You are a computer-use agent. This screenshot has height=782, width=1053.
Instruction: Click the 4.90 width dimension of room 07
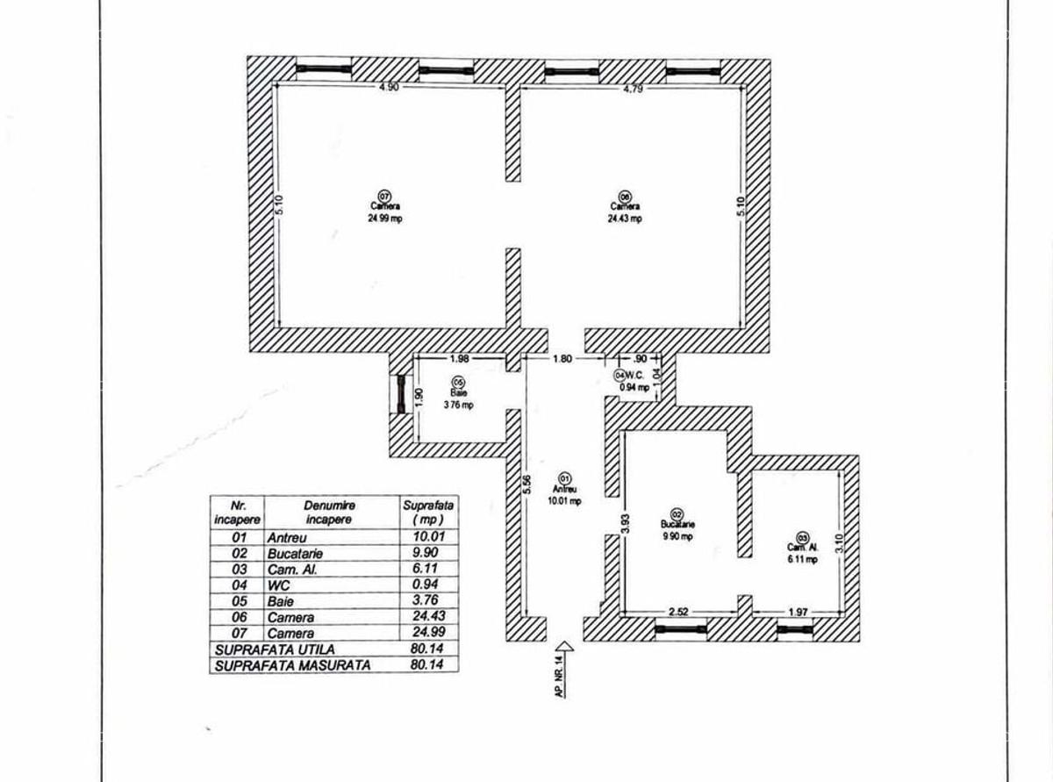click(388, 88)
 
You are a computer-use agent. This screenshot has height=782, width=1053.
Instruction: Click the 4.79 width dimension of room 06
click(634, 88)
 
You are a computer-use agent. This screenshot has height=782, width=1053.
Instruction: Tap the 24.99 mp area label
click(384, 219)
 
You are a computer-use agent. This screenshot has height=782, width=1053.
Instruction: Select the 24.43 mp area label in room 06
click(625, 219)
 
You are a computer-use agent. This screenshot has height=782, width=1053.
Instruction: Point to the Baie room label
click(458, 394)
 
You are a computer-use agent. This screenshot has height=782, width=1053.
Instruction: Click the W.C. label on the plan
click(636, 375)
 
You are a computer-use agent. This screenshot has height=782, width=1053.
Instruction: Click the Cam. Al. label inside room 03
click(801, 548)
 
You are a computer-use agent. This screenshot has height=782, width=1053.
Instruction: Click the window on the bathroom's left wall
click(401, 394)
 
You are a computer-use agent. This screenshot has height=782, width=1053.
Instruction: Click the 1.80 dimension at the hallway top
click(562, 359)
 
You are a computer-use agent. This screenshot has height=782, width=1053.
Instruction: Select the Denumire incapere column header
click(328, 513)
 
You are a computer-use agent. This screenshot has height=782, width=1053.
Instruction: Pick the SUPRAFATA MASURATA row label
click(292, 665)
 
